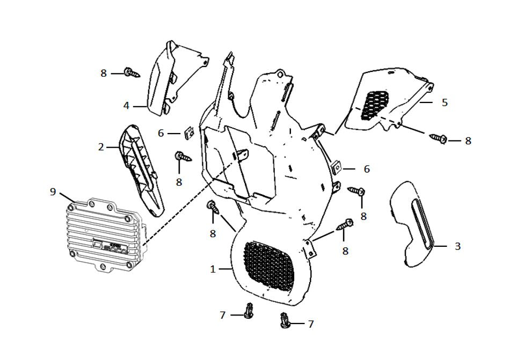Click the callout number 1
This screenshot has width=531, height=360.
pyautogui.click(x=213, y=269)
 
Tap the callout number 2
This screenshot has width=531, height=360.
pyautogui.click(x=101, y=147)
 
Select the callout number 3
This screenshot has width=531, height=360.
pyautogui.click(x=457, y=246)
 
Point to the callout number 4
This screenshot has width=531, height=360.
pyautogui.click(x=126, y=106)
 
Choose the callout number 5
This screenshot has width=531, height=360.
pyautogui.click(x=445, y=102)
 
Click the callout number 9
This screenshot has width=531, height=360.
pyautogui.click(x=53, y=192)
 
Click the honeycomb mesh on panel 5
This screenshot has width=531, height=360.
pyautogui.click(x=374, y=105)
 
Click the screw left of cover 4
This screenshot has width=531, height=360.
pyautogui.click(x=132, y=72)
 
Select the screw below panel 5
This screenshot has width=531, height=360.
pyautogui.click(x=439, y=138)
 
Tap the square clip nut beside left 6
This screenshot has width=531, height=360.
pyautogui.click(x=188, y=133)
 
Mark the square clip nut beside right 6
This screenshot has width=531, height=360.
pyautogui.click(x=336, y=167)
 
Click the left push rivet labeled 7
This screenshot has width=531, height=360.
pyautogui.click(x=249, y=310)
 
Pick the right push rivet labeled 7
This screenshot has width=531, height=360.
pyautogui.click(x=284, y=321)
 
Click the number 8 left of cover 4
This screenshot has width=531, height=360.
pyautogui.click(x=104, y=73)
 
